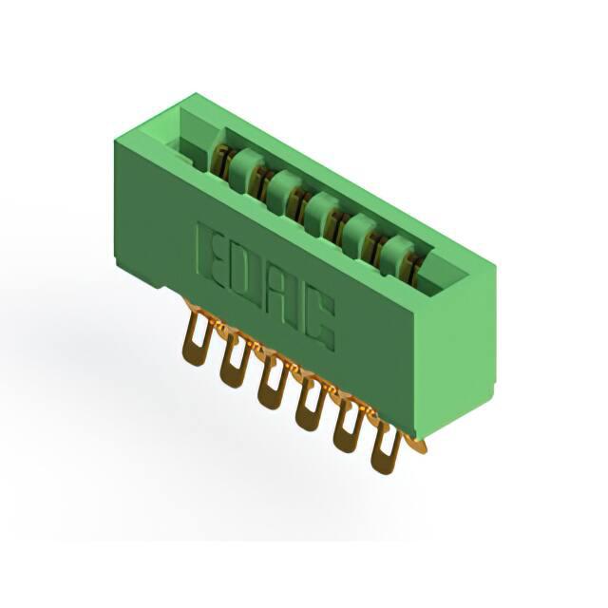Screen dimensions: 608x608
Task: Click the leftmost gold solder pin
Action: click(x=196, y=336)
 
